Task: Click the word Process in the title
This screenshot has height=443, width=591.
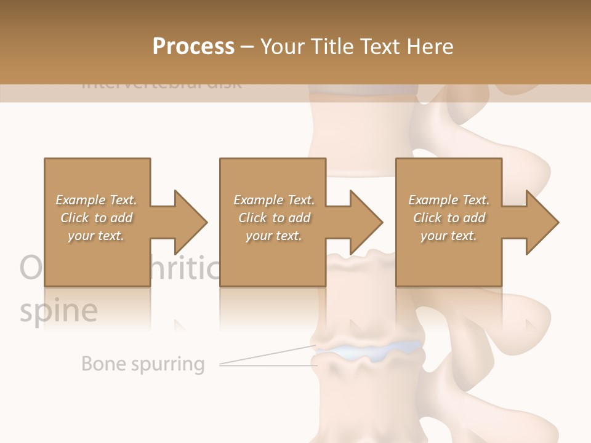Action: (193, 47)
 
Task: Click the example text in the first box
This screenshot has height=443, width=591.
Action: (97, 218)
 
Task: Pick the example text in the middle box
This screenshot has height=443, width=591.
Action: (274, 218)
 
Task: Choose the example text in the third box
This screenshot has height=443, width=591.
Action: (449, 218)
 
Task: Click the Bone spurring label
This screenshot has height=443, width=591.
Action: (143, 364)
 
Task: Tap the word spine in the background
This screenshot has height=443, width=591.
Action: (59, 311)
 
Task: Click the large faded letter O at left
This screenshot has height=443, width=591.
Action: (31, 268)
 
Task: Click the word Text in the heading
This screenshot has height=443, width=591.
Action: (380, 47)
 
